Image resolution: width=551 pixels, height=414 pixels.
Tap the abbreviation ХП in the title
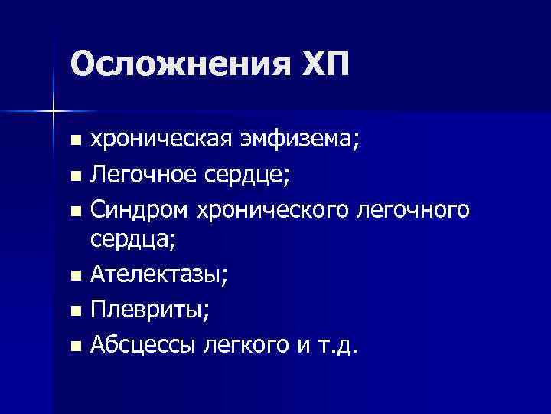pos(318,65)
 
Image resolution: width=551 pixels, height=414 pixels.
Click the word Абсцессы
pos(143,344)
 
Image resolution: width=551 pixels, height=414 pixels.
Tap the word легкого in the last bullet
pos(243,344)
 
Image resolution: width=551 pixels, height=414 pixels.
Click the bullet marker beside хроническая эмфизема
pos(73,141)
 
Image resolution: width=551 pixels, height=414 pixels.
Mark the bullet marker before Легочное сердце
pos(73,176)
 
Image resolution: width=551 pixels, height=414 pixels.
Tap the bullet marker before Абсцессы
pos(73,347)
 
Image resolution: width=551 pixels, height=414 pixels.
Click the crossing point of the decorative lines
pos(54,112)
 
